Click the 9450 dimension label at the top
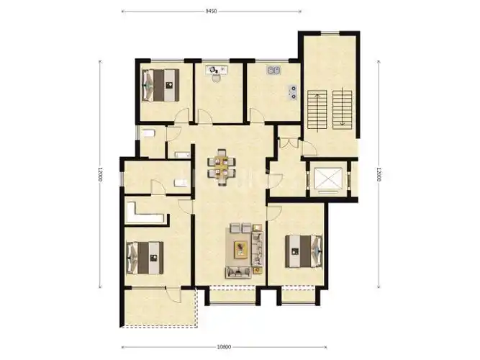pos(211,12)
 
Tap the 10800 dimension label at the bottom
pos(224,347)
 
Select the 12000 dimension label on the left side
pos(100,174)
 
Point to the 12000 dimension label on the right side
pos(379,174)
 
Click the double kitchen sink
pos(273,71)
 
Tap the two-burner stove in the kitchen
pos(293,93)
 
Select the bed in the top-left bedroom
pos(160,85)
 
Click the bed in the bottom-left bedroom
pos(145,258)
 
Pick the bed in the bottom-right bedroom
pos(304,251)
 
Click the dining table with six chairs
pos(222,168)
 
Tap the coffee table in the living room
pos(241,249)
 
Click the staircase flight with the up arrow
pos(317,109)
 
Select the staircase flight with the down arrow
pos(343,109)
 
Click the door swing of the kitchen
pos(256,115)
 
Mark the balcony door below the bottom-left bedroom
pos(173,294)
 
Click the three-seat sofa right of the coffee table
pos(258,249)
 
